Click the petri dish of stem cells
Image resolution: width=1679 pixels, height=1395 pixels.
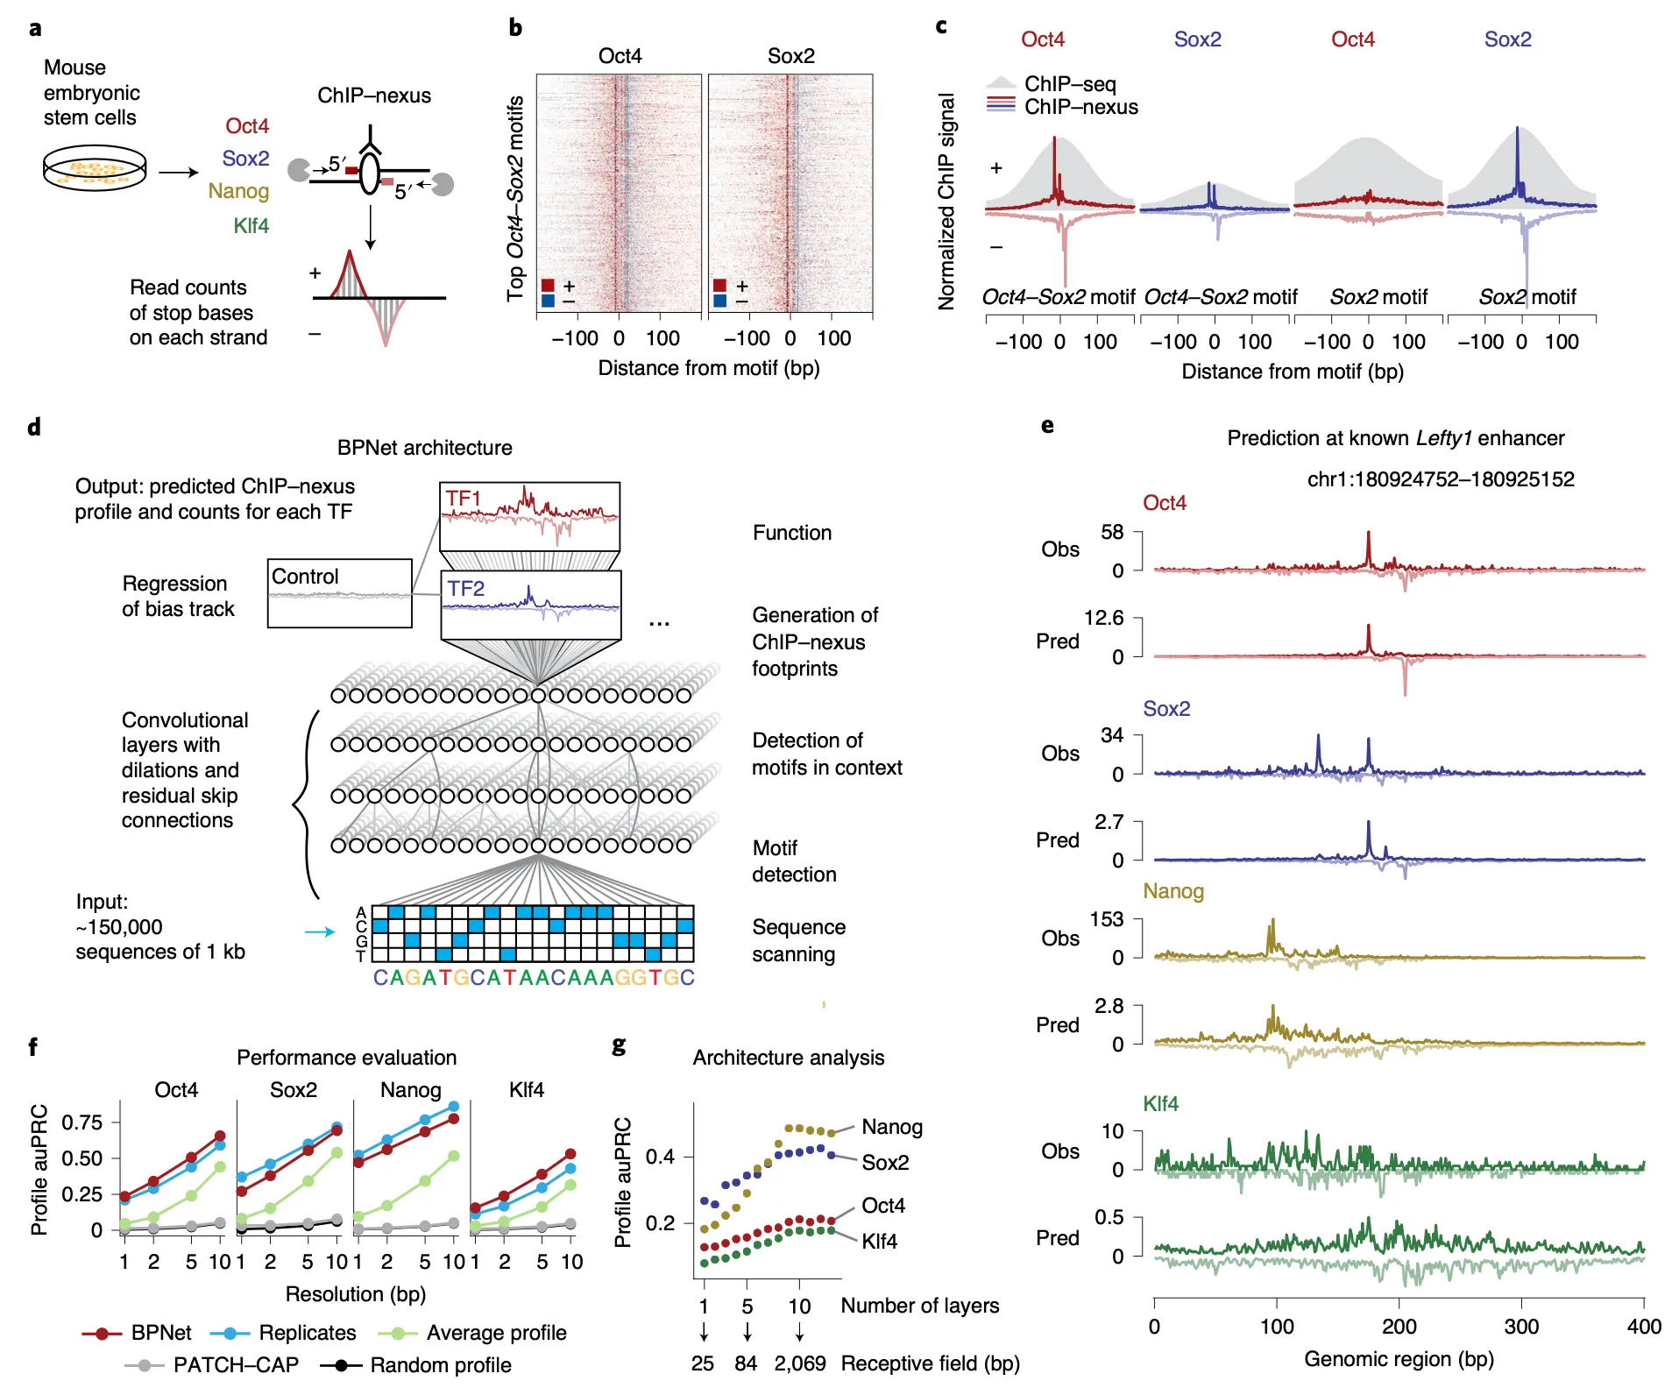[95, 169]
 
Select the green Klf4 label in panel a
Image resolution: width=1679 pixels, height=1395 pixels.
[251, 226]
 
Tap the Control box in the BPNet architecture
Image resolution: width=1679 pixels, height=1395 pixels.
[339, 593]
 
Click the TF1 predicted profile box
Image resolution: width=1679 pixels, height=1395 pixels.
[529, 516]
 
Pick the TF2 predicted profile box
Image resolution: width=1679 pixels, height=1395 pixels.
[531, 605]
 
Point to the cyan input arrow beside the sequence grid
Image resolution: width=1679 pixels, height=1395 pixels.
[319, 931]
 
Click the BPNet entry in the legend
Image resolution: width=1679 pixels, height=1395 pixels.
[137, 1333]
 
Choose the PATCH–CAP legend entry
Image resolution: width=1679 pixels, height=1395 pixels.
[212, 1365]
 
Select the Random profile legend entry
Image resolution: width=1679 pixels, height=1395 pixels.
[416, 1365]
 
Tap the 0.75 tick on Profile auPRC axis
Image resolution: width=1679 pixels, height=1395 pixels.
[81, 1122]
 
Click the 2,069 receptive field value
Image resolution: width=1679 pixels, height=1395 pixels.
[799, 1363]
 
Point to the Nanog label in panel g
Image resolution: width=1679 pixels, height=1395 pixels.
[891, 1127]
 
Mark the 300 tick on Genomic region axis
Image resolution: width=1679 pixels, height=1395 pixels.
[1521, 1327]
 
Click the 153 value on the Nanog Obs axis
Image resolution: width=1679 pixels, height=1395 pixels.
[1106, 920]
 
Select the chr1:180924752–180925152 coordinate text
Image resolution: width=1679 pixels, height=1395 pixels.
[1440, 479]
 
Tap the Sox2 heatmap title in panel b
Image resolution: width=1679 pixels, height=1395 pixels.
[790, 56]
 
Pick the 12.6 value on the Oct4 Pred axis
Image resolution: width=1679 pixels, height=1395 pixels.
[1103, 619]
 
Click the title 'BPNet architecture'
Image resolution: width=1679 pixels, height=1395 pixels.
[424, 448]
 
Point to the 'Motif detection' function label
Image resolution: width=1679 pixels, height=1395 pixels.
[794, 861]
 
